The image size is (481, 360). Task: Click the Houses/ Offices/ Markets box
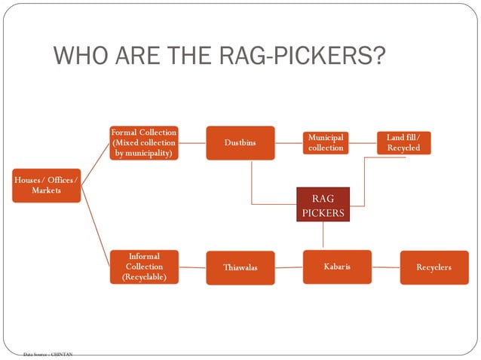[46, 185]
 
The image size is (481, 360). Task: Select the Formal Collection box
[143, 142]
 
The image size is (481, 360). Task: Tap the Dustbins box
[240, 142]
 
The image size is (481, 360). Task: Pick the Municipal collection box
[326, 142]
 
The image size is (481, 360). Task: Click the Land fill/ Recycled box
[403, 142]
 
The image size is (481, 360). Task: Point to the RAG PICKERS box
[323, 206]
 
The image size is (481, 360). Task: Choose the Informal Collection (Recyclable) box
[144, 267]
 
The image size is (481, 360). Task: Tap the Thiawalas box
[240, 267]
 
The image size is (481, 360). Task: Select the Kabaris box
[337, 267]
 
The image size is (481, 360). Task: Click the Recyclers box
[434, 267]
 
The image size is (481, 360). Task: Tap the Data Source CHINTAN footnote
[47, 353]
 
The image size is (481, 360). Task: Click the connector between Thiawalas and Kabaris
[289, 267]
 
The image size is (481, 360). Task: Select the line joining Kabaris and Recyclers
[385, 267]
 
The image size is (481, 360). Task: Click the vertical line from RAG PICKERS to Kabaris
[323, 236]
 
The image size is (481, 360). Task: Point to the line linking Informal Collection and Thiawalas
[192, 267]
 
